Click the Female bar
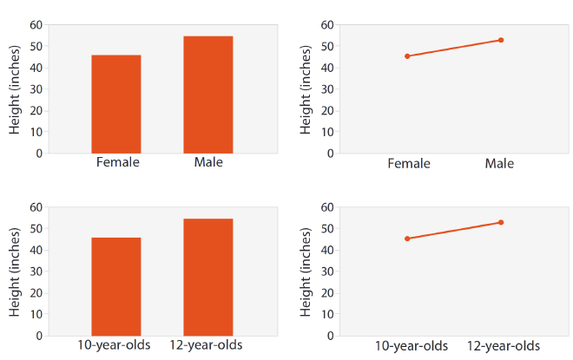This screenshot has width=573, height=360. click(x=116, y=104)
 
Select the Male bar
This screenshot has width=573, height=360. click(x=208, y=95)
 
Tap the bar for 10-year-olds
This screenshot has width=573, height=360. click(x=116, y=286)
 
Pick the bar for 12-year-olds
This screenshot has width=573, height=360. click(x=208, y=277)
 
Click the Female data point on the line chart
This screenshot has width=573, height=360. click(x=407, y=56)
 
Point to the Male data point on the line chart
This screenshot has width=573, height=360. click(x=501, y=40)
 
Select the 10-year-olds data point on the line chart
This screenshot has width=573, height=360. click(x=407, y=239)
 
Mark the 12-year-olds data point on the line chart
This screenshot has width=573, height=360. click(x=501, y=222)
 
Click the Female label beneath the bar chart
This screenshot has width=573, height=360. click(x=117, y=162)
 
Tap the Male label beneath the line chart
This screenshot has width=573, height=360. click(x=499, y=163)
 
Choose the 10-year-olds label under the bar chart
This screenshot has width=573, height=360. click(x=117, y=345)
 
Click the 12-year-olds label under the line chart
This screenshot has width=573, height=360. click(x=503, y=345)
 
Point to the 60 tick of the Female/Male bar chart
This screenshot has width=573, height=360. click(x=35, y=24)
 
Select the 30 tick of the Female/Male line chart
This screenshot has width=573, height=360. click(x=327, y=88)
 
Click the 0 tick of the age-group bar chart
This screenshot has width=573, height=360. click(x=38, y=336)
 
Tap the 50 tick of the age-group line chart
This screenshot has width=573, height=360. click(x=327, y=228)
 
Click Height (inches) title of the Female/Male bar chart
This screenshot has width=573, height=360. click(x=15, y=89)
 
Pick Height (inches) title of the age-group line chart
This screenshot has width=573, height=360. click(x=306, y=272)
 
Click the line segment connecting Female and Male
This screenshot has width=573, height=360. click(x=454, y=48)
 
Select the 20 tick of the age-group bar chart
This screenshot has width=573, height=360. click(x=35, y=292)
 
